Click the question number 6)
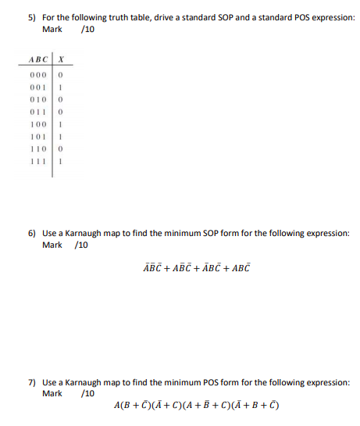click(31, 233)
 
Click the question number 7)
click(31, 383)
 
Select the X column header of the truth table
click(60, 59)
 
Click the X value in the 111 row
click(60, 163)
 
